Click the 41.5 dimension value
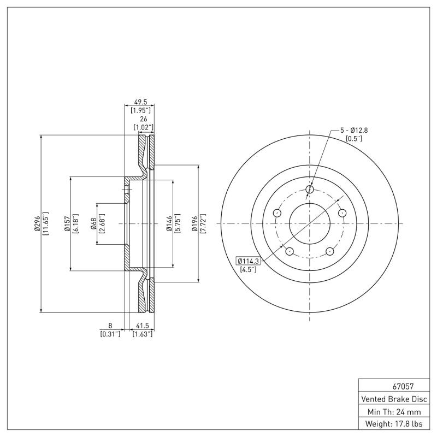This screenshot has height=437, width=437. pyautogui.click(x=143, y=326)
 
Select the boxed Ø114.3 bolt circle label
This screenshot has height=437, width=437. pyautogui.click(x=249, y=261)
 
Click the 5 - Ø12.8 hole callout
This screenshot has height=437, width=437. pyautogui.click(x=354, y=130)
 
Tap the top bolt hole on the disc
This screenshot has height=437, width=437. pyautogui.click(x=310, y=190)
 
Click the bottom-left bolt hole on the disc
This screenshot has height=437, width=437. pyautogui.click(x=290, y=251)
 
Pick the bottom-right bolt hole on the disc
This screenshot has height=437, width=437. pyautogui.click(x=330, y=251)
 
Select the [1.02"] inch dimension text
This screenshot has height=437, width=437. pyautogui.click(x=144, y=127)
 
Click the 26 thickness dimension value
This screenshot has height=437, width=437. pyautogui.click(x=144, y=119)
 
